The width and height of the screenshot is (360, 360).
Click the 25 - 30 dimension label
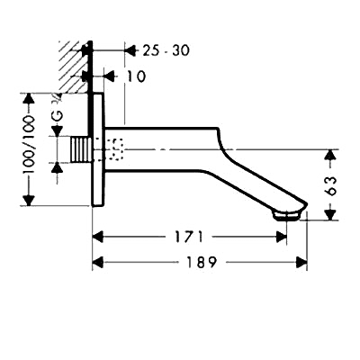[x=166, y=50]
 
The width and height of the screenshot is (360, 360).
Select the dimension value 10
[x=136, y=76]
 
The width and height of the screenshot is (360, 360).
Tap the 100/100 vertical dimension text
[x=30, y=145]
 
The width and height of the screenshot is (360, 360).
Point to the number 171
[x=189, y=237]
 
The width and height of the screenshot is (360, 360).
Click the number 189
[x=202, y=262]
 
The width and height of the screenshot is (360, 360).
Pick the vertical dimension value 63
[x=330, y=185]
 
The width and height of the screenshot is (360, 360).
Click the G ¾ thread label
[x=58, y=109]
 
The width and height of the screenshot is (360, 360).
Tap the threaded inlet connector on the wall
[x=80, y=149]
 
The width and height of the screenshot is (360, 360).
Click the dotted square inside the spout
[x=115, y=149]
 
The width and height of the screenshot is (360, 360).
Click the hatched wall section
[x=74, y=67]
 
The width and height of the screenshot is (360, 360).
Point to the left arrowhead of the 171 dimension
[x=98, y=237]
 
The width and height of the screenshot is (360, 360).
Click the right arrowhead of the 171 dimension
[x=281, y=237]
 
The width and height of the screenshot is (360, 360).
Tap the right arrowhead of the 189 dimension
[x=301, y=262]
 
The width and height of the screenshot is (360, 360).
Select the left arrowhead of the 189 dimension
[x=98, y=262]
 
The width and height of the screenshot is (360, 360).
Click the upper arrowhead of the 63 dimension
[x=330, y=155]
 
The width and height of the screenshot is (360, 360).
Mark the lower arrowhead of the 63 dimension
[x=330, y=214]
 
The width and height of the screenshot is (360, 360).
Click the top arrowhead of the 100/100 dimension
[x=29, y=99]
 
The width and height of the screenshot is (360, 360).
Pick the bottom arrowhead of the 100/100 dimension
[x=29, y=200]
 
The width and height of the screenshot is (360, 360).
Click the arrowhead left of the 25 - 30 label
[x=130, y=50]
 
